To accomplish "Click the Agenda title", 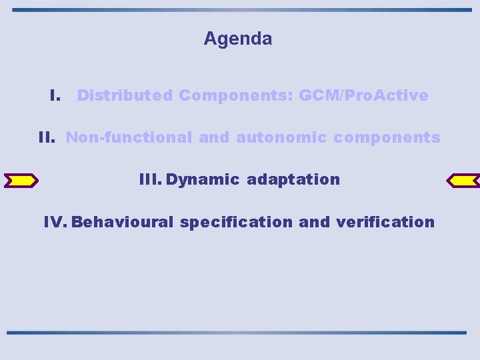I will pyautogui.click(x=238, y=39).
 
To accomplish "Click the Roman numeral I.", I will pyautogui.click(x=56, y=95).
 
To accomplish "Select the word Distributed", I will pyautogui.click(x=125, y=95).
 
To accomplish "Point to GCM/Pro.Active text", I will pyautogui.click(x=363, y=95).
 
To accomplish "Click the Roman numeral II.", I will pyautogui.click(x=47, y=138).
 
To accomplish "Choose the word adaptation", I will pyautogui.click(x=293, y=179).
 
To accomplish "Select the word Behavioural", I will pyautogui.click(x=123, y=222).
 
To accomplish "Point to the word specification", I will pyautogui.click(x=236, y=222).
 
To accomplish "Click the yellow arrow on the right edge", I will pyautogui.click(x=462, y=180).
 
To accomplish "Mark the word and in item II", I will pyautogui.click(x=213, y=138).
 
